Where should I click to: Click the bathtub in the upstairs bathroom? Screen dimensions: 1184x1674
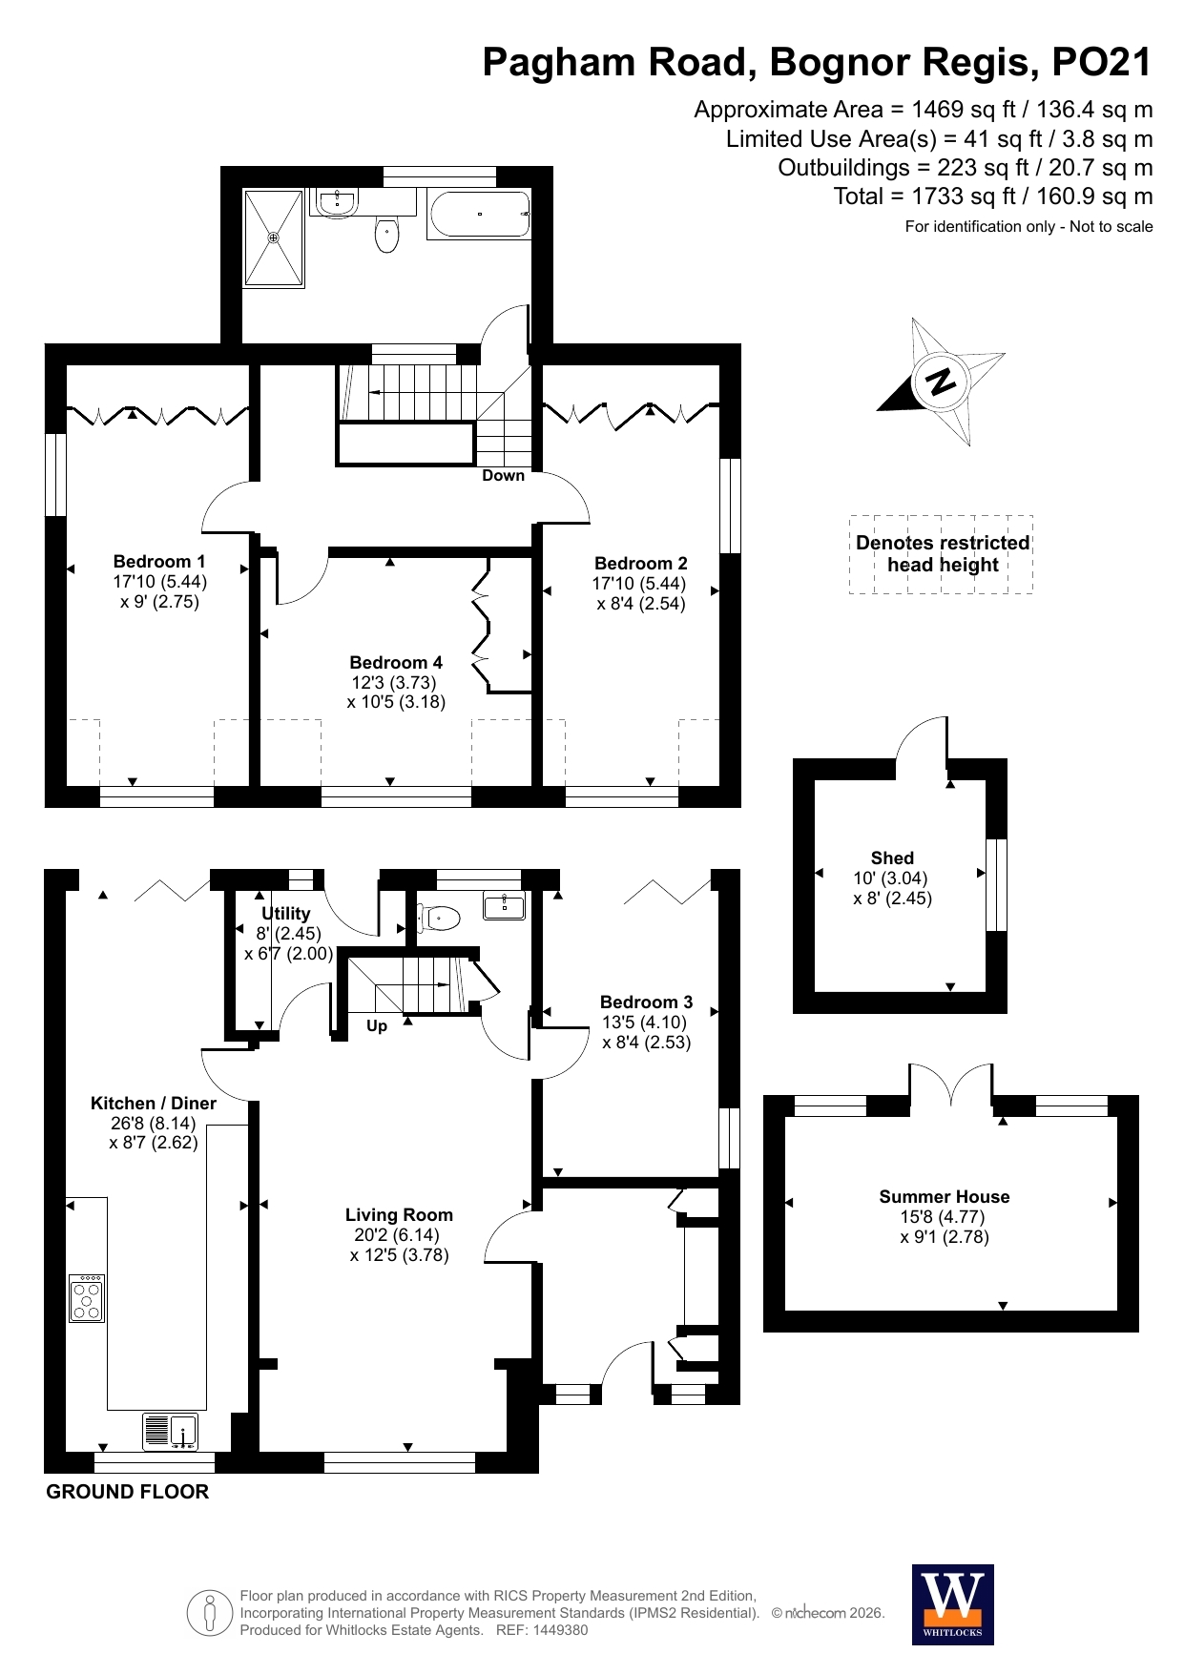(479, 215)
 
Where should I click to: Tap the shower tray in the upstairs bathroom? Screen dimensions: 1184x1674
(275, 238)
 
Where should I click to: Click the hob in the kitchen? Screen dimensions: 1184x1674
(87, 1298)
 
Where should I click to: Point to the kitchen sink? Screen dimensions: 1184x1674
(171, 1431)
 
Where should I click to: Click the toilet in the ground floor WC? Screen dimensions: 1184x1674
(439, 918)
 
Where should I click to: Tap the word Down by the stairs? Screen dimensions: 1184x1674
(503, 475)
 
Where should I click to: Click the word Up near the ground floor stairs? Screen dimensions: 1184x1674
(377, 1026)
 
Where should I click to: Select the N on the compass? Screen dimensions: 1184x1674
(941, 382)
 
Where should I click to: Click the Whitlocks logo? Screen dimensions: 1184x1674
(953, 1604)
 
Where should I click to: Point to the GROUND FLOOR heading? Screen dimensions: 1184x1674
(128, 1492)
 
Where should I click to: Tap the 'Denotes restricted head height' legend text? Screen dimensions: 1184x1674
(943, 553)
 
